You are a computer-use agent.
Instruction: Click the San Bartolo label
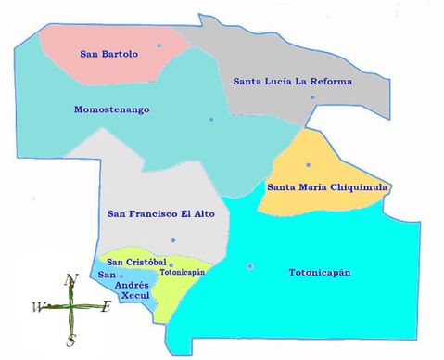[109, 54]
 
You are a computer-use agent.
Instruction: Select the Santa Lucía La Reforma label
[292, 82]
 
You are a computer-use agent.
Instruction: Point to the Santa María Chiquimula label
[326, 187]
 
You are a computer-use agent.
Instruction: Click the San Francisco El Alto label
[160, 214]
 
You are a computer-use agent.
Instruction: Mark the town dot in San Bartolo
[159, 45]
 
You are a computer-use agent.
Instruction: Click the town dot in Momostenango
[211, 119]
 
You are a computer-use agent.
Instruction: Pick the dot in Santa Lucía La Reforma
[313, 97]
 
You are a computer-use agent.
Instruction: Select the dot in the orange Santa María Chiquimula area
[309, 165]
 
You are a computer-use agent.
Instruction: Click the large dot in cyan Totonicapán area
[249, 266]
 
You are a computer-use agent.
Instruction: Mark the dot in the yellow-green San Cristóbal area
[171, 264]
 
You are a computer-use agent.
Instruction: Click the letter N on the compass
[70, 279]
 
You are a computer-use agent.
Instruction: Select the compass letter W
[38, 307]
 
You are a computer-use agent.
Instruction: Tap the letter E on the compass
[106, 307]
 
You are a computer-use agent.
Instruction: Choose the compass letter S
[70, 341]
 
